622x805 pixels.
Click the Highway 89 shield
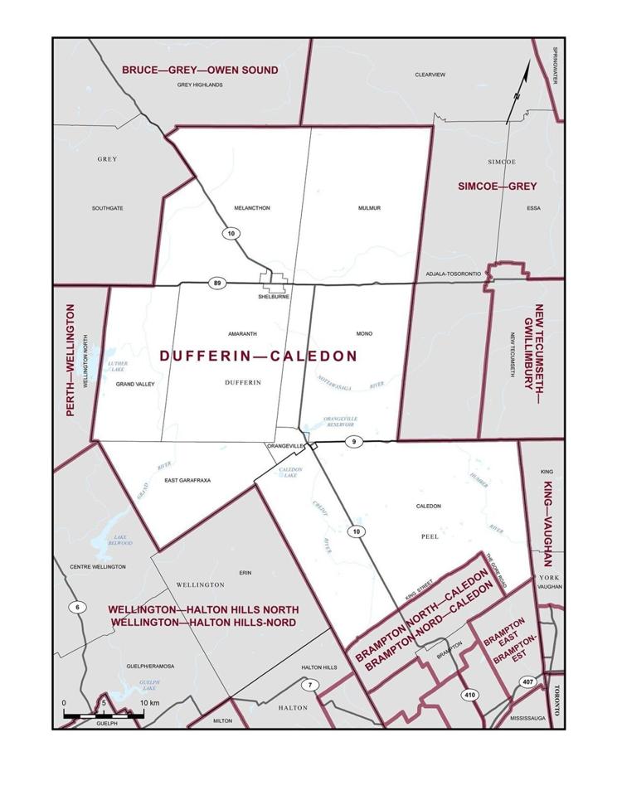(216, 284)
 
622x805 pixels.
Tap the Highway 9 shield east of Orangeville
(352, 442)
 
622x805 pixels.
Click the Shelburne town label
(273, 297)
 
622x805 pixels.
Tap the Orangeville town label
(282, 446)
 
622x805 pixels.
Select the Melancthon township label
(252, 208)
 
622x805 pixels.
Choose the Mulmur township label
(370, 208)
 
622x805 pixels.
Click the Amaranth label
(242, 333)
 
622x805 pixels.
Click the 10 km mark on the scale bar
(147, 703)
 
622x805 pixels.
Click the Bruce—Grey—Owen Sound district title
(200, 70)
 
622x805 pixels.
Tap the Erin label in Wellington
(244, 572)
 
